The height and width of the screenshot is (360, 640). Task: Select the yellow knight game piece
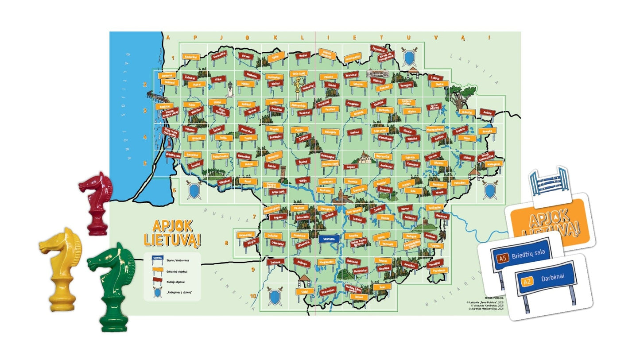62,268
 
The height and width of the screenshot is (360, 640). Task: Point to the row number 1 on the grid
174,58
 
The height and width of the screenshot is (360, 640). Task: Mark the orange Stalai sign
304,292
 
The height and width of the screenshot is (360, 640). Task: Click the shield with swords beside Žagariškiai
409,56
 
